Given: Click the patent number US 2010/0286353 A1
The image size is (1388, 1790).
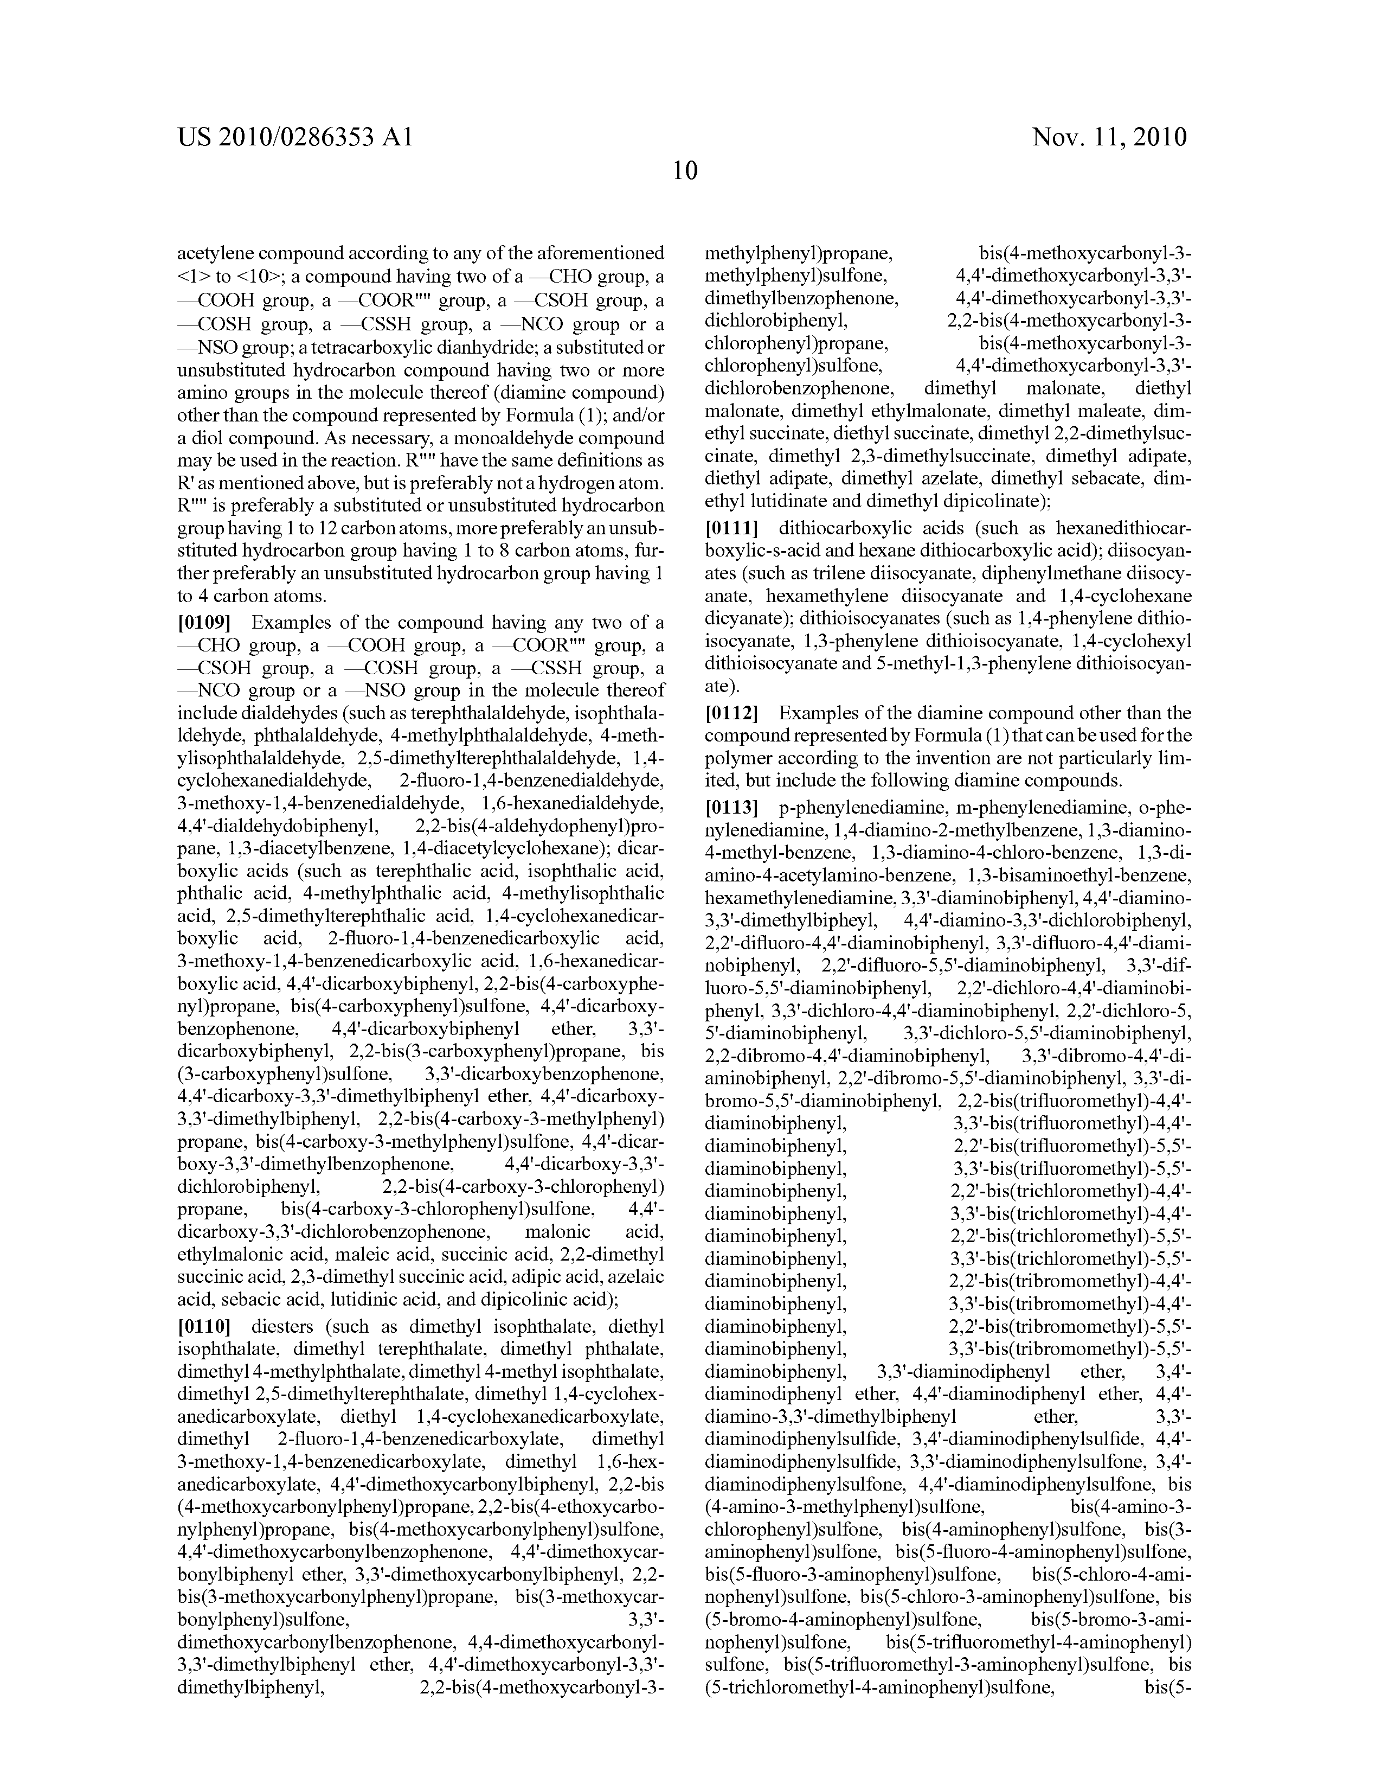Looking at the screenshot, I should click(294, 137).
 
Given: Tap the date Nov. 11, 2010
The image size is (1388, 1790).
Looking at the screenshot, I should click(1109, 137).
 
